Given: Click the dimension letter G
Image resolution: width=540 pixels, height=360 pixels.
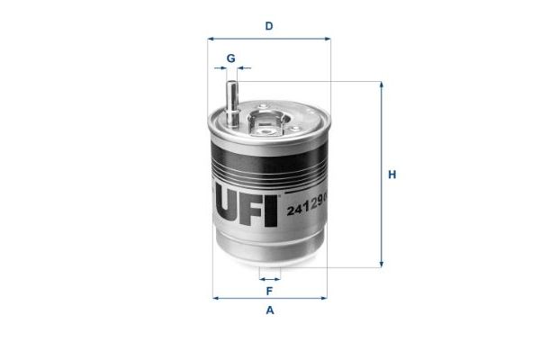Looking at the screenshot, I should (230, 58).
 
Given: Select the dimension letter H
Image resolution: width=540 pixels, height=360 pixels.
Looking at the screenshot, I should (391, 175).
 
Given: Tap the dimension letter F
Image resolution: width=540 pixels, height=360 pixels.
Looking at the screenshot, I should (269, 291).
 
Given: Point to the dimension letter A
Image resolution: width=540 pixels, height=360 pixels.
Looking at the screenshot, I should (269, 311).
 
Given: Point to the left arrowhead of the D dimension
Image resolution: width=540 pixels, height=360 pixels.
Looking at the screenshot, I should (211, 39).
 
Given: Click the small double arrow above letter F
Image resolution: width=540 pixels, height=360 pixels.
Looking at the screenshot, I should (269, 278).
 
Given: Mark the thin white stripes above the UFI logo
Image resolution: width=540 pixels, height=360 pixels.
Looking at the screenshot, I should (270, 167).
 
